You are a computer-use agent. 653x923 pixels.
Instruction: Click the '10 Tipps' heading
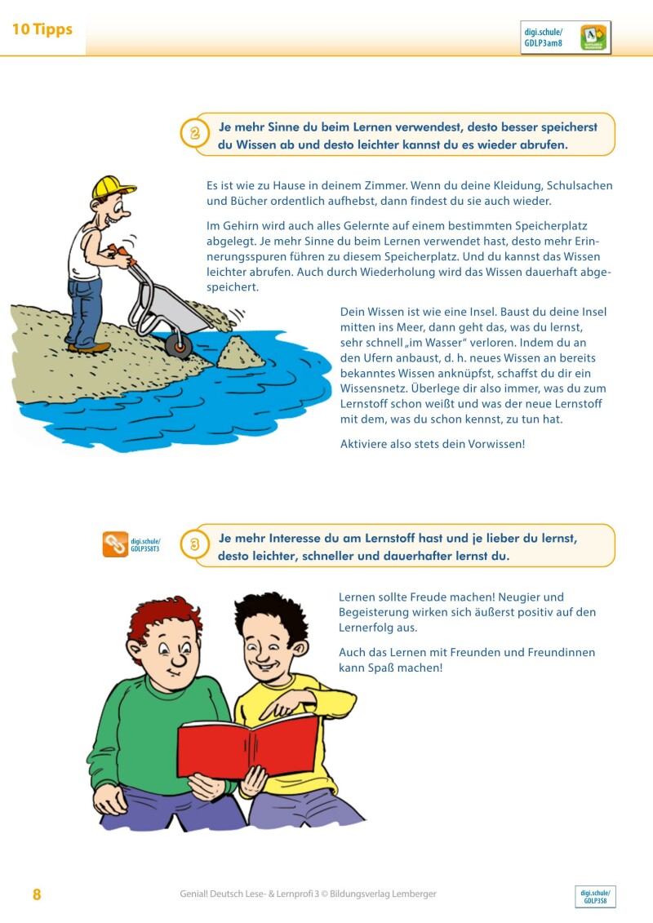click(42, 29)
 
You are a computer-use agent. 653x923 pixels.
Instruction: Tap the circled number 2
click(195, 134)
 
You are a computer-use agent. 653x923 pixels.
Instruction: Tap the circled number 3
click(195, 545)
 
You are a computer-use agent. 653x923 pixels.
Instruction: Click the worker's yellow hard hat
click(113, 187)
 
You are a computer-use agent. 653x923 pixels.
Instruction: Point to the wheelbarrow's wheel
click(179, 346)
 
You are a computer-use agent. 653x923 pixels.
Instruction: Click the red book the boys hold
click(248, 745)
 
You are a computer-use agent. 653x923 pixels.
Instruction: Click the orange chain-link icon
click(115, 544)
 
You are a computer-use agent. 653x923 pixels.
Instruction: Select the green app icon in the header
click(593, 38)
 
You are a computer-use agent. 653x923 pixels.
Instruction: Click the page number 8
click(37, 894)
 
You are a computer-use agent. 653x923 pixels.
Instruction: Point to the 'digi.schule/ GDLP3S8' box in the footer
click(595, 897)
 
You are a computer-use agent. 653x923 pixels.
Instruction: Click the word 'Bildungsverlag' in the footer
click(358, 894)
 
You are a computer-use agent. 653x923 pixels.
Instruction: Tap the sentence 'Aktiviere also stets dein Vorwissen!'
click(432, 444)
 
